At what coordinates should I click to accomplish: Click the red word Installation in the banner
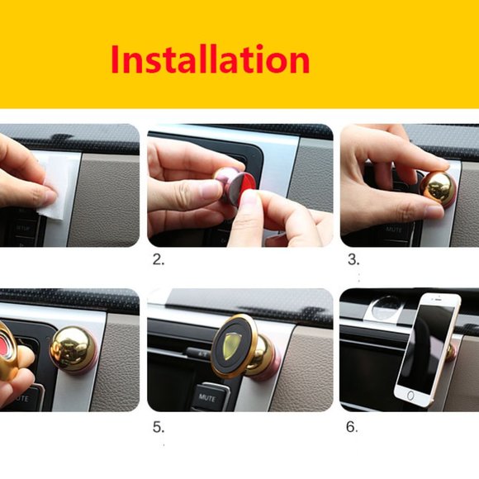(x=211, y=60)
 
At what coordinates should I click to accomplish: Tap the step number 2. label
(x=159, y=259)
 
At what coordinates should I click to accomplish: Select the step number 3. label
(x=353, y=259)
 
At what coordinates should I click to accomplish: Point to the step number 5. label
(x=159, y=428)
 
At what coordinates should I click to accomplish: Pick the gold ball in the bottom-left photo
(x=72, y=348)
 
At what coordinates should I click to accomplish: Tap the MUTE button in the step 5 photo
(x=206, y=397)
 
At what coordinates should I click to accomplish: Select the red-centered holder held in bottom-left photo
(x=10, y=347)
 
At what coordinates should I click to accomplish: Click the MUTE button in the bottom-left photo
(x=17, y=397)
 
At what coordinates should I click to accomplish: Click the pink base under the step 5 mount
(x=269, y=363)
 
